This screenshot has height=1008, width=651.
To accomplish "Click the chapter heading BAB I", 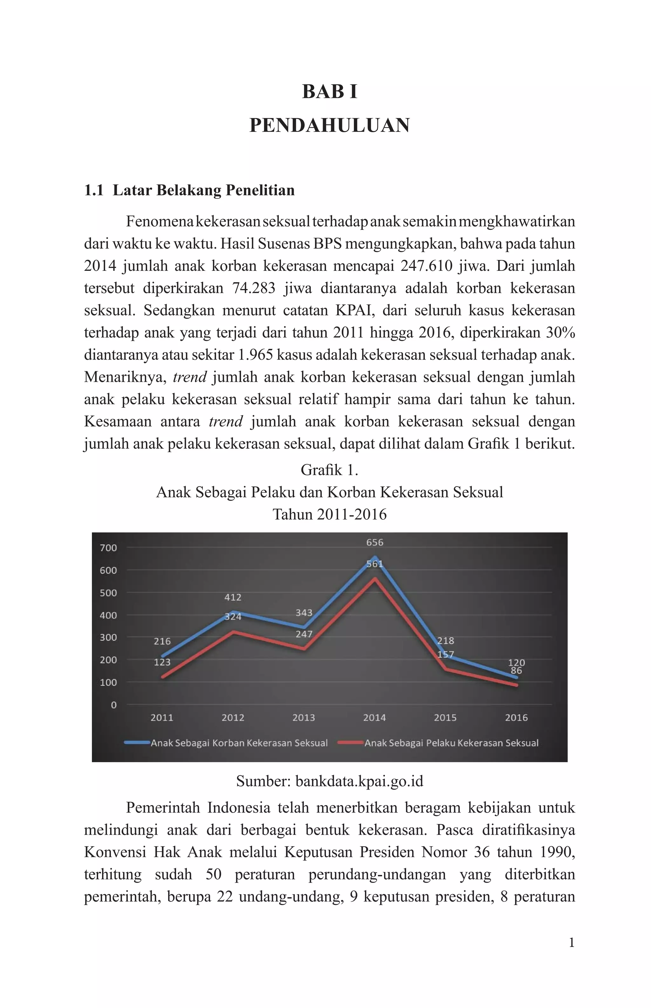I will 329,92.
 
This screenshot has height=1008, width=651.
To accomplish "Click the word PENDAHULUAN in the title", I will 329,126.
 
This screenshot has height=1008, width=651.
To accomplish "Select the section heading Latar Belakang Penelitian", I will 203,190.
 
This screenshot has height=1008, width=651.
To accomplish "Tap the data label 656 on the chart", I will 374,542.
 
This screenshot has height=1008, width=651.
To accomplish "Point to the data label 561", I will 374,564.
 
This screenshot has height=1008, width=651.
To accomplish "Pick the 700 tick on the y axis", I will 108,548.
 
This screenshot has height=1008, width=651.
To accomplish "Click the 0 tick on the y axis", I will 113,705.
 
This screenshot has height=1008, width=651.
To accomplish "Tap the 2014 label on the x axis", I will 374,718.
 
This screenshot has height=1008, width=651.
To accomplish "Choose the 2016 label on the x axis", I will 516,718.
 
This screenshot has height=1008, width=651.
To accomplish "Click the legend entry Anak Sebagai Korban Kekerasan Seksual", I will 239,743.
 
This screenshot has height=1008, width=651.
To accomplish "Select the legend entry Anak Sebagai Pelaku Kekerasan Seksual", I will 451,743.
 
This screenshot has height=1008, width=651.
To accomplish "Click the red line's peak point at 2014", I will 374,578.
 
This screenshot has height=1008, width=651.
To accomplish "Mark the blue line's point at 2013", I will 304,627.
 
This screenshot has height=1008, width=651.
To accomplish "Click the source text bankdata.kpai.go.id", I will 359,781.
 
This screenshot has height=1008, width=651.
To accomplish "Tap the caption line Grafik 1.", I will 329,470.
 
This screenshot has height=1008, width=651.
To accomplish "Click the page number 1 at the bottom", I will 572,943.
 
